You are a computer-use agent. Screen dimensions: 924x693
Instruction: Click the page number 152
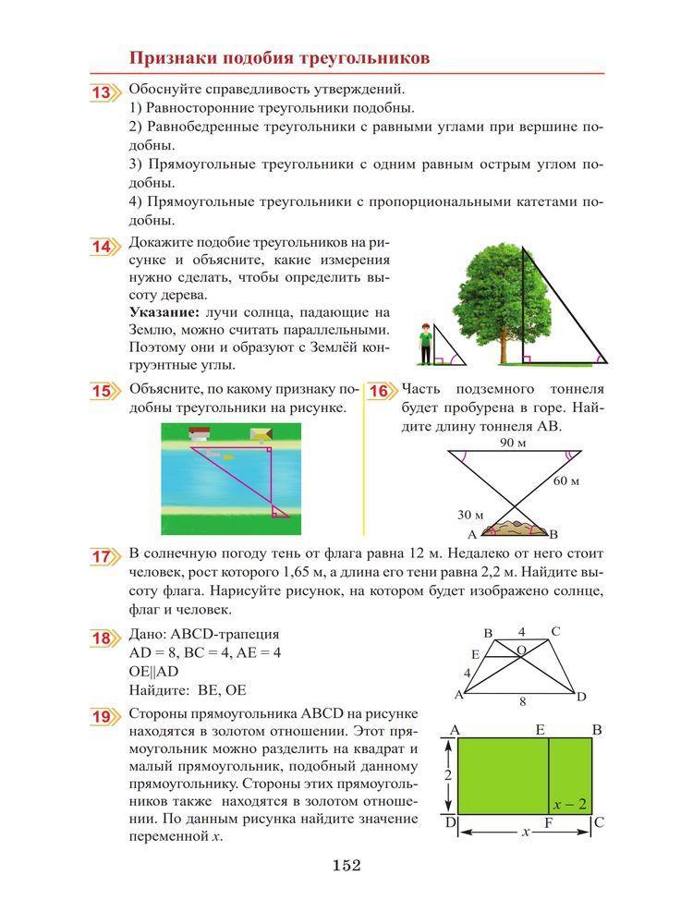pos(346,866)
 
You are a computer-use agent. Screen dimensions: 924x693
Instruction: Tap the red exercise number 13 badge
pos(102,93)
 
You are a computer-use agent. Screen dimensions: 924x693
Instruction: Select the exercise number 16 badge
pos(378,391)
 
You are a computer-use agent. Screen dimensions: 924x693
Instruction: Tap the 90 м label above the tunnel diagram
pos(513,443)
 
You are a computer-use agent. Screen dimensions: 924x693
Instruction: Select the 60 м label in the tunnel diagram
pos(566,481)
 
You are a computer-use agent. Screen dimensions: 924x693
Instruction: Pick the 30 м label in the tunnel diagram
pos(470,515)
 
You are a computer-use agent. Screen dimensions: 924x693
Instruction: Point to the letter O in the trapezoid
pos(522,650)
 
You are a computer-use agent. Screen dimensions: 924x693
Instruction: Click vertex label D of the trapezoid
pos(580,697)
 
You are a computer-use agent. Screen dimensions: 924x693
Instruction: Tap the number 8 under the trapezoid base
pos(523,702)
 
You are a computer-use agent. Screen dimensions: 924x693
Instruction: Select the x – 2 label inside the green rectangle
pos(570,804)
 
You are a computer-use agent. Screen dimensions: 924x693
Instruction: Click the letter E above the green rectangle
pos(541,730)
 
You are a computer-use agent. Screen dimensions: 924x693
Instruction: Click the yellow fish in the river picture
pos(227,456)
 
